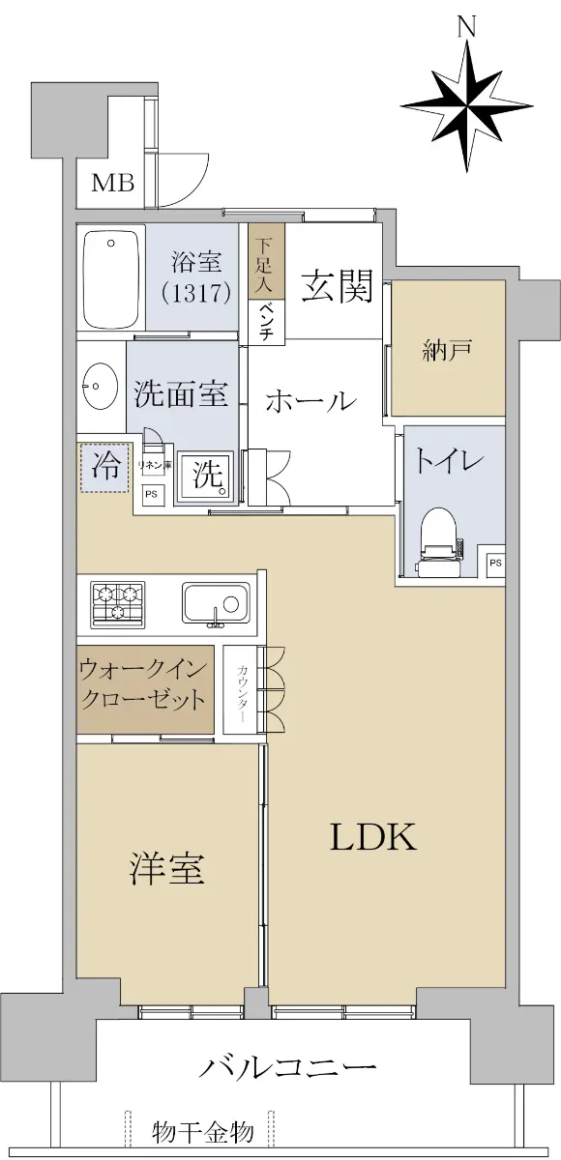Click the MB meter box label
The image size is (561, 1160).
tap(113, 183)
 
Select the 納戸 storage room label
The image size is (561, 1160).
tap(447, 352)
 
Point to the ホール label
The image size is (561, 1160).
tap(310, 402)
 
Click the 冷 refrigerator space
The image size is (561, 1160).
tap(104, 467)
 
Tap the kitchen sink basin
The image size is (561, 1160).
tap(216, 603)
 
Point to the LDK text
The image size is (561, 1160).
tap(373, 837)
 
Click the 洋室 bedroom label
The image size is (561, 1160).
tap(166, 868)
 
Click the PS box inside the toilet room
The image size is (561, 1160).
tap(496, 562)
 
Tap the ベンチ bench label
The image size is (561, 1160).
tap(267, 322)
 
